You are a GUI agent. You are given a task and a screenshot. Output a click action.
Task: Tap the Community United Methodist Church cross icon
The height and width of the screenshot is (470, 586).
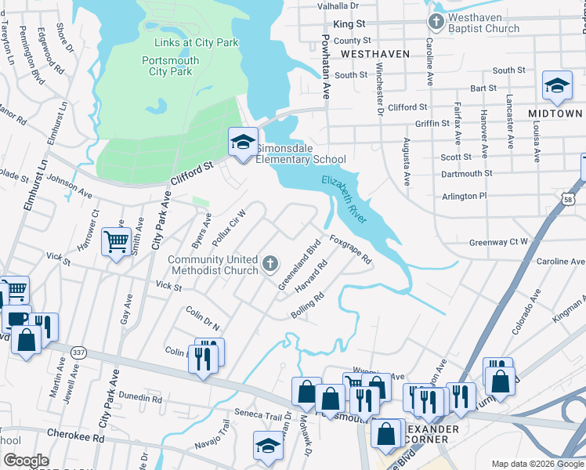[x=270, y=263]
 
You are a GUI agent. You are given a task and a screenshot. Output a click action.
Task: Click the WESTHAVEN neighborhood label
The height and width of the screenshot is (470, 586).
[x=376, y=54]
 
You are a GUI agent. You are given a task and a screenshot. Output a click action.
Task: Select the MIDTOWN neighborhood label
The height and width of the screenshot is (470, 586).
[x=555, y=114]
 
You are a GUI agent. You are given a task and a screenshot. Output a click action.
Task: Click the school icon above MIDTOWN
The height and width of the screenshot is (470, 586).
[x=557, y=87]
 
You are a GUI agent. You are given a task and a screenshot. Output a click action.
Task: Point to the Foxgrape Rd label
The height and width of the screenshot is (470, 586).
[x=349, y=249]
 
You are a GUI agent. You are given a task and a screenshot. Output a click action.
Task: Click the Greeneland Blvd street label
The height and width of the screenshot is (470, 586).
[x=299, y=262]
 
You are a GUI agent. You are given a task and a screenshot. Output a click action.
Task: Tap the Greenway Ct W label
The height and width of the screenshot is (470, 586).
[x=499, y=242]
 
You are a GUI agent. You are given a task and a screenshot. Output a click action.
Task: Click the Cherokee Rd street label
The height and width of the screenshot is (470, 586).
[x=78, y=439]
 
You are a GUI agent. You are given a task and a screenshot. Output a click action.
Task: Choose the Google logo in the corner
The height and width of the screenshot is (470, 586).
[x=26, y=461]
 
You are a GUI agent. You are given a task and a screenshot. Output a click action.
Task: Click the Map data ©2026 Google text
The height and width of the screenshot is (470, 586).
[x=537, y=464]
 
